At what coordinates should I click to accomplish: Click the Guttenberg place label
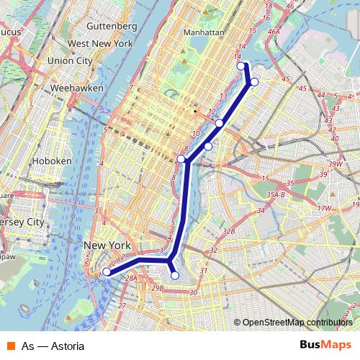pos(111,26)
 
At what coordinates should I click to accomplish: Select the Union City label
pos(71,60)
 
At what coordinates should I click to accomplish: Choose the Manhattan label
pos(205,32)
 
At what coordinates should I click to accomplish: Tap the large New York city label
pos(107,246)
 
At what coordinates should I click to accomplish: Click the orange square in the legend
pos(9,346)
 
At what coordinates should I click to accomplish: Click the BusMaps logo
pos(325,346)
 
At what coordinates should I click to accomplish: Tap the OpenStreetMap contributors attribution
pos(297,323)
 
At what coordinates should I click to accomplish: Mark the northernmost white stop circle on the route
pos(241,66)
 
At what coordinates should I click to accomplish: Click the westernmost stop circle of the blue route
pos(107,271)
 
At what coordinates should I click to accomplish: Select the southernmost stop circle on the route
pos(175,275)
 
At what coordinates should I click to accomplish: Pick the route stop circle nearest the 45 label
pos(254,81)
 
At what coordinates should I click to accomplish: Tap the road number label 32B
pos(230,231)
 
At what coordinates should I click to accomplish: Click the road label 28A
pos(131,277)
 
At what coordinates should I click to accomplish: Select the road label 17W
pos(324,208)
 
